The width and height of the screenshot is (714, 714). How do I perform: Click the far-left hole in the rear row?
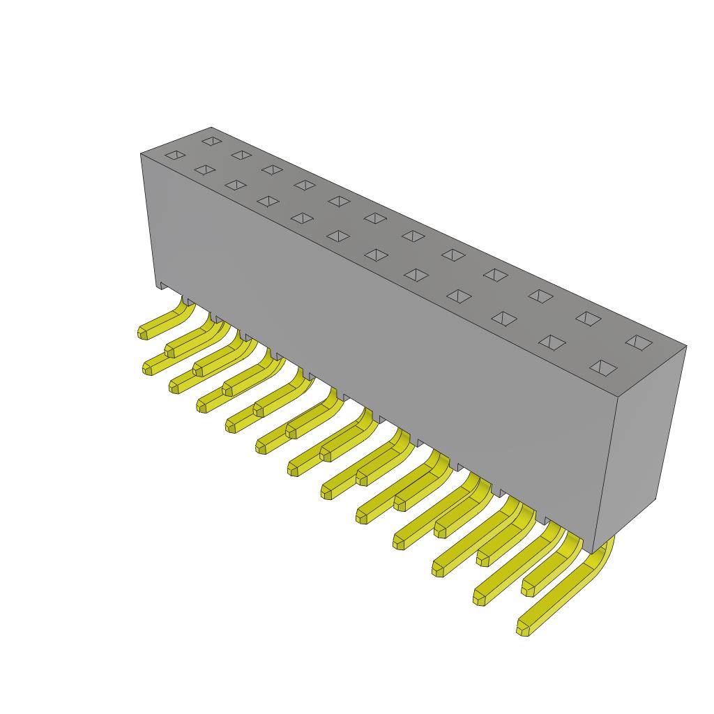211,141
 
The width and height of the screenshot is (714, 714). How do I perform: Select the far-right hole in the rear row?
639,342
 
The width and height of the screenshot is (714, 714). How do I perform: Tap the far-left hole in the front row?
175,155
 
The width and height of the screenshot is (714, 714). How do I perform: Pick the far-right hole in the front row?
603,367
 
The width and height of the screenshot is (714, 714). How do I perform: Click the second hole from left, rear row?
241,155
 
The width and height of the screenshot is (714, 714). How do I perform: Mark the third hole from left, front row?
236,185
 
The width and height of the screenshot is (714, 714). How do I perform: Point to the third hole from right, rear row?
541,296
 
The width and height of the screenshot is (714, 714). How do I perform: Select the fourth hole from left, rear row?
305,185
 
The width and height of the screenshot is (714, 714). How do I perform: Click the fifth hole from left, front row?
302,218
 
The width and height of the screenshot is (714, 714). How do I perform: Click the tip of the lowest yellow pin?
522,629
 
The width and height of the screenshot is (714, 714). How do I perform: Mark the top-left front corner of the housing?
142,154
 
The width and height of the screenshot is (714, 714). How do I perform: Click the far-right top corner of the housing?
686,346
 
